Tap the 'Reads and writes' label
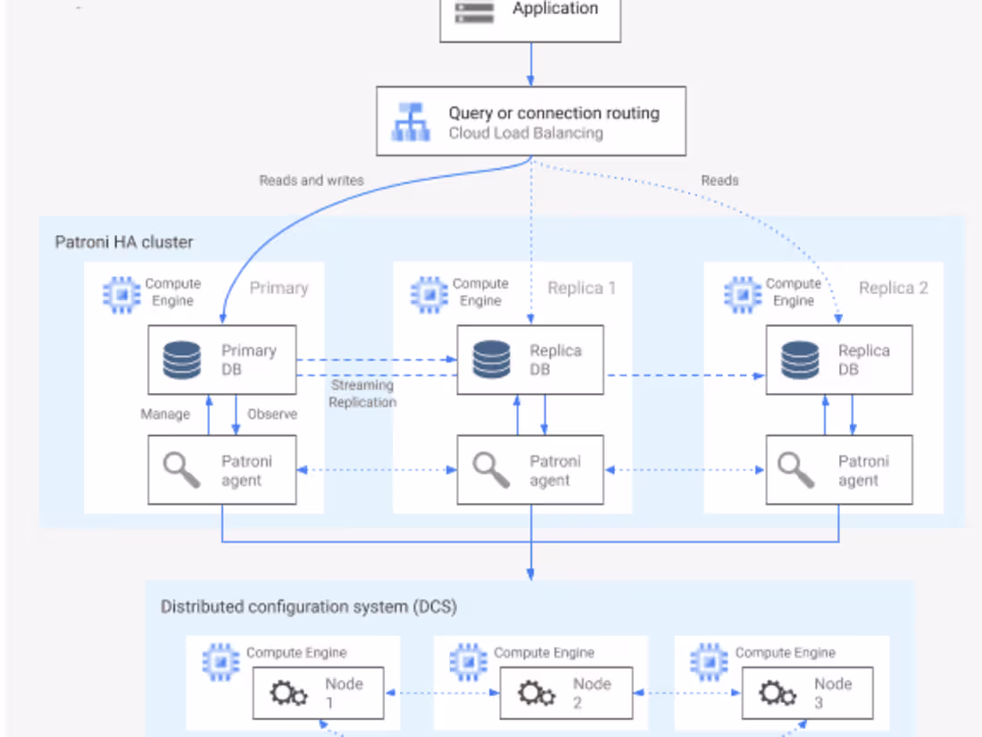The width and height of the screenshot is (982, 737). (312, 180)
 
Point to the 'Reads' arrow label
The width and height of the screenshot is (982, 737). (720, 180)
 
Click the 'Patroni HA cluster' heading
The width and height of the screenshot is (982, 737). (124, 242)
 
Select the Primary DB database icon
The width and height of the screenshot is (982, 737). (183, 359)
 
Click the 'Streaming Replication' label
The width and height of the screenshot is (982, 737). (362, 394)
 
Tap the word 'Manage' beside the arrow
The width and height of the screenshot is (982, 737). (165, 415)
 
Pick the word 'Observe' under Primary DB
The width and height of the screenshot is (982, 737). (272, 415)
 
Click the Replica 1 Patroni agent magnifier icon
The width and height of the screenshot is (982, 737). (491, 470)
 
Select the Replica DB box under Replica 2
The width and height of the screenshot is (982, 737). (838, 360)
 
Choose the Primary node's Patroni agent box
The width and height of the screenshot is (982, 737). (221, 470)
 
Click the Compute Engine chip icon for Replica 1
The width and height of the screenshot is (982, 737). (429, 292)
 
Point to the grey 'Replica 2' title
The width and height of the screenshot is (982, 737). (893, 289)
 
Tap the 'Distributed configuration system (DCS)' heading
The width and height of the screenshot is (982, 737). (309, 607)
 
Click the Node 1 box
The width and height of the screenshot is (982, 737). (318, 692)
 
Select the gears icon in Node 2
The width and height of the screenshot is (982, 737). (537, 693)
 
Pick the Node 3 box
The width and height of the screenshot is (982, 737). (806, 692)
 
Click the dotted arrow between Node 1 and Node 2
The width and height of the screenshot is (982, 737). (441, 692)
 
